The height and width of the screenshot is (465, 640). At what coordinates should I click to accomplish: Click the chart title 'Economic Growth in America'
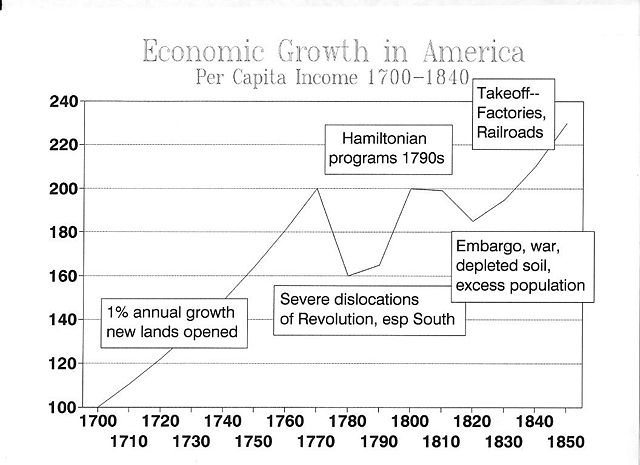tap(332, 52)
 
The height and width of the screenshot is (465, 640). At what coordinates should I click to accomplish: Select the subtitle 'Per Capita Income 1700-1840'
tap(332, 78)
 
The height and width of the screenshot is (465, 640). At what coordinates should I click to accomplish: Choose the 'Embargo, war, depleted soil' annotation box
tap(519, 265)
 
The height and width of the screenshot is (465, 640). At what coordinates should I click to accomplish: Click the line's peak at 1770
tap(317, 188)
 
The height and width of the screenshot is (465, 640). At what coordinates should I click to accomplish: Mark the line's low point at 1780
tap(348, 275)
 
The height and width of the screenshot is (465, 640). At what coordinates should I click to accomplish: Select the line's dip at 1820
tap(472, 221)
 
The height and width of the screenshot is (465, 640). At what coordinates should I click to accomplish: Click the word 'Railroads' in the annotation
tap(510, 132)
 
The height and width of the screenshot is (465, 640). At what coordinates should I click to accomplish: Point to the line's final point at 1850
tap(566, 123)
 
